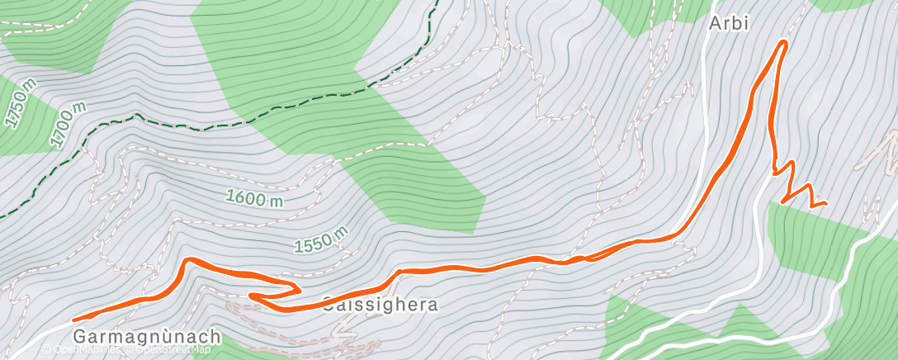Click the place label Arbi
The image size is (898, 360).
point(729,23)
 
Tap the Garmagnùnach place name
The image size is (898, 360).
point(147,336)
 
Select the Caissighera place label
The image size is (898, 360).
point(380,305)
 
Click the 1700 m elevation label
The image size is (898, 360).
point(67,125)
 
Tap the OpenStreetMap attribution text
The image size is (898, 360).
point(169,349)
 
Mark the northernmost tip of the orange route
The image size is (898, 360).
point(782,42)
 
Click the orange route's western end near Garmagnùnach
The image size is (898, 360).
point(75,319)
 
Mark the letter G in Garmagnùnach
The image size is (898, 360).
point(79,336)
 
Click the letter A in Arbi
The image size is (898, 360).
point(715,23)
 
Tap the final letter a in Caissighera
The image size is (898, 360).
point(432,305)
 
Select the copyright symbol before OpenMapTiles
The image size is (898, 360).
point(47,349)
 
